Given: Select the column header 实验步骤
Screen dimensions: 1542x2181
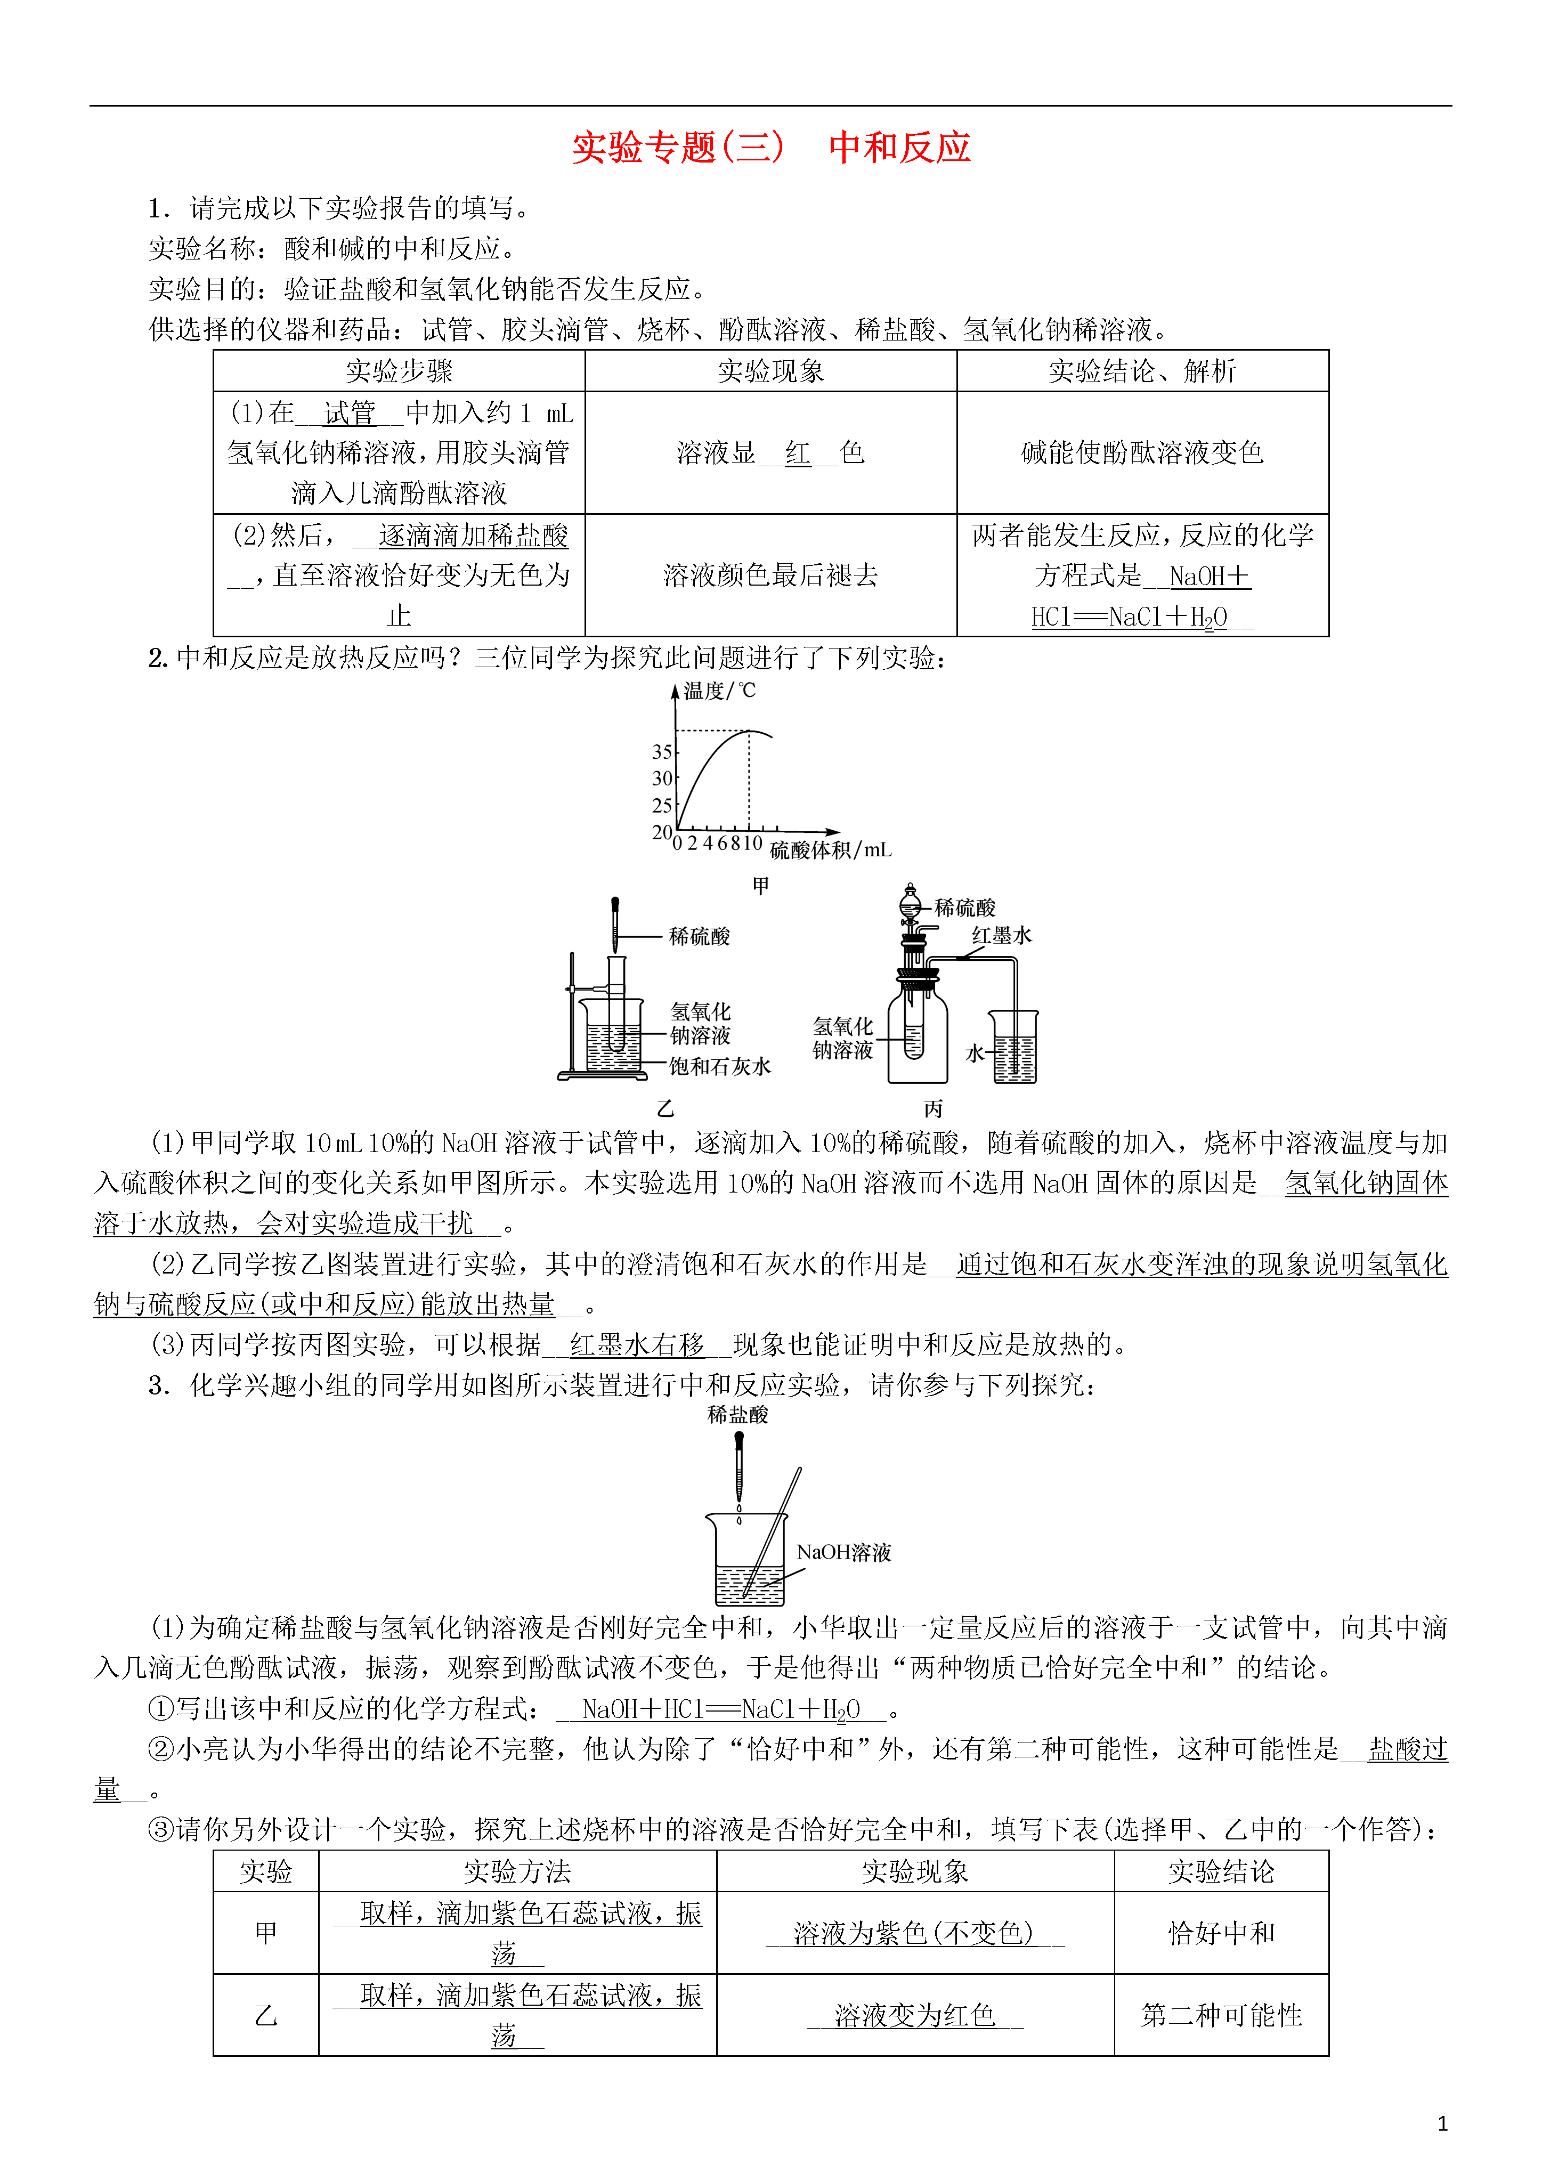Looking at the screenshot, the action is point(399,370).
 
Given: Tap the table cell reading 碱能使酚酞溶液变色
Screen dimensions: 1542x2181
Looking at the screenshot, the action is point(1142,452).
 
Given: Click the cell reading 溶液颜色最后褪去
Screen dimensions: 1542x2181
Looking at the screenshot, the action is point(770,575).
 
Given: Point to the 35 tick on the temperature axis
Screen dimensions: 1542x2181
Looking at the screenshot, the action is point(662,751).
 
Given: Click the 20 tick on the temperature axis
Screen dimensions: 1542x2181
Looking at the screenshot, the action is point(662,832).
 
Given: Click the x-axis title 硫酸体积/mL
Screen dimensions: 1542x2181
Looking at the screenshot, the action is point(830,850).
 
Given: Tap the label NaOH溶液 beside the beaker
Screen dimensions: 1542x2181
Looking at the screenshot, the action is point(843,1552).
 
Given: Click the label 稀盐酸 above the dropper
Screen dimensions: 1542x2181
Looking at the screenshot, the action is point(738,1414).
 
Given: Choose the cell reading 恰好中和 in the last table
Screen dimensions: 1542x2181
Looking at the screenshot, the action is point(1221,1933).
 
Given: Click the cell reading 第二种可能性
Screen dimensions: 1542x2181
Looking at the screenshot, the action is point(1221,2015).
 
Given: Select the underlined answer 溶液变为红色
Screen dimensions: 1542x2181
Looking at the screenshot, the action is point(915,2015).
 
